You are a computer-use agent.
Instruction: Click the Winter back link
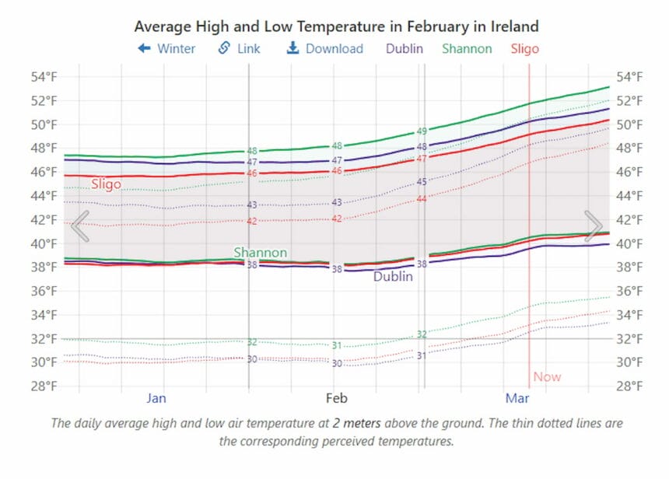click(x=166, y=48)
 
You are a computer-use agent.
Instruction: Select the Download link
click(x=325, y=48)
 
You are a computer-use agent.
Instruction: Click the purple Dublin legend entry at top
click(x=405, y=48)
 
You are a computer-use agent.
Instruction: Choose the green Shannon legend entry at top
click(x=467, y=48)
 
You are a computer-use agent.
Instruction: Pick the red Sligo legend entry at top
click(x=525, y=48)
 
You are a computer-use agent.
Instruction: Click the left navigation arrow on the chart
click(x=80, y=226)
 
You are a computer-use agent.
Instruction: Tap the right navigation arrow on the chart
click(x=594, y=226)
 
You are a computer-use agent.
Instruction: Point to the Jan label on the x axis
click(x=156, y=398)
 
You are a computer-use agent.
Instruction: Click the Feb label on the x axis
click(x=336, y=398)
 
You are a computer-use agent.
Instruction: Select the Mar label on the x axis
click(x=517, y=398)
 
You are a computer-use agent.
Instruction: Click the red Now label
click(x=547, y=377)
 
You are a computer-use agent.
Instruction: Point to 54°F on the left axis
click(x=44, y=77)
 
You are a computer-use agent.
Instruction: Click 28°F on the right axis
click(x=629, y=386)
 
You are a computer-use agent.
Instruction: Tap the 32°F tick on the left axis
click(x=44, y=338)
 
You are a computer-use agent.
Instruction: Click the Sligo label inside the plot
click(x=106, y=184)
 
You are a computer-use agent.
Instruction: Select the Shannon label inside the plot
click(x=261, y=253)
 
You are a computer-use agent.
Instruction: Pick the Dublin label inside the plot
click(x=394, y=276)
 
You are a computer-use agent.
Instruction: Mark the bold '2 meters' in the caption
click(x=359, y=424)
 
